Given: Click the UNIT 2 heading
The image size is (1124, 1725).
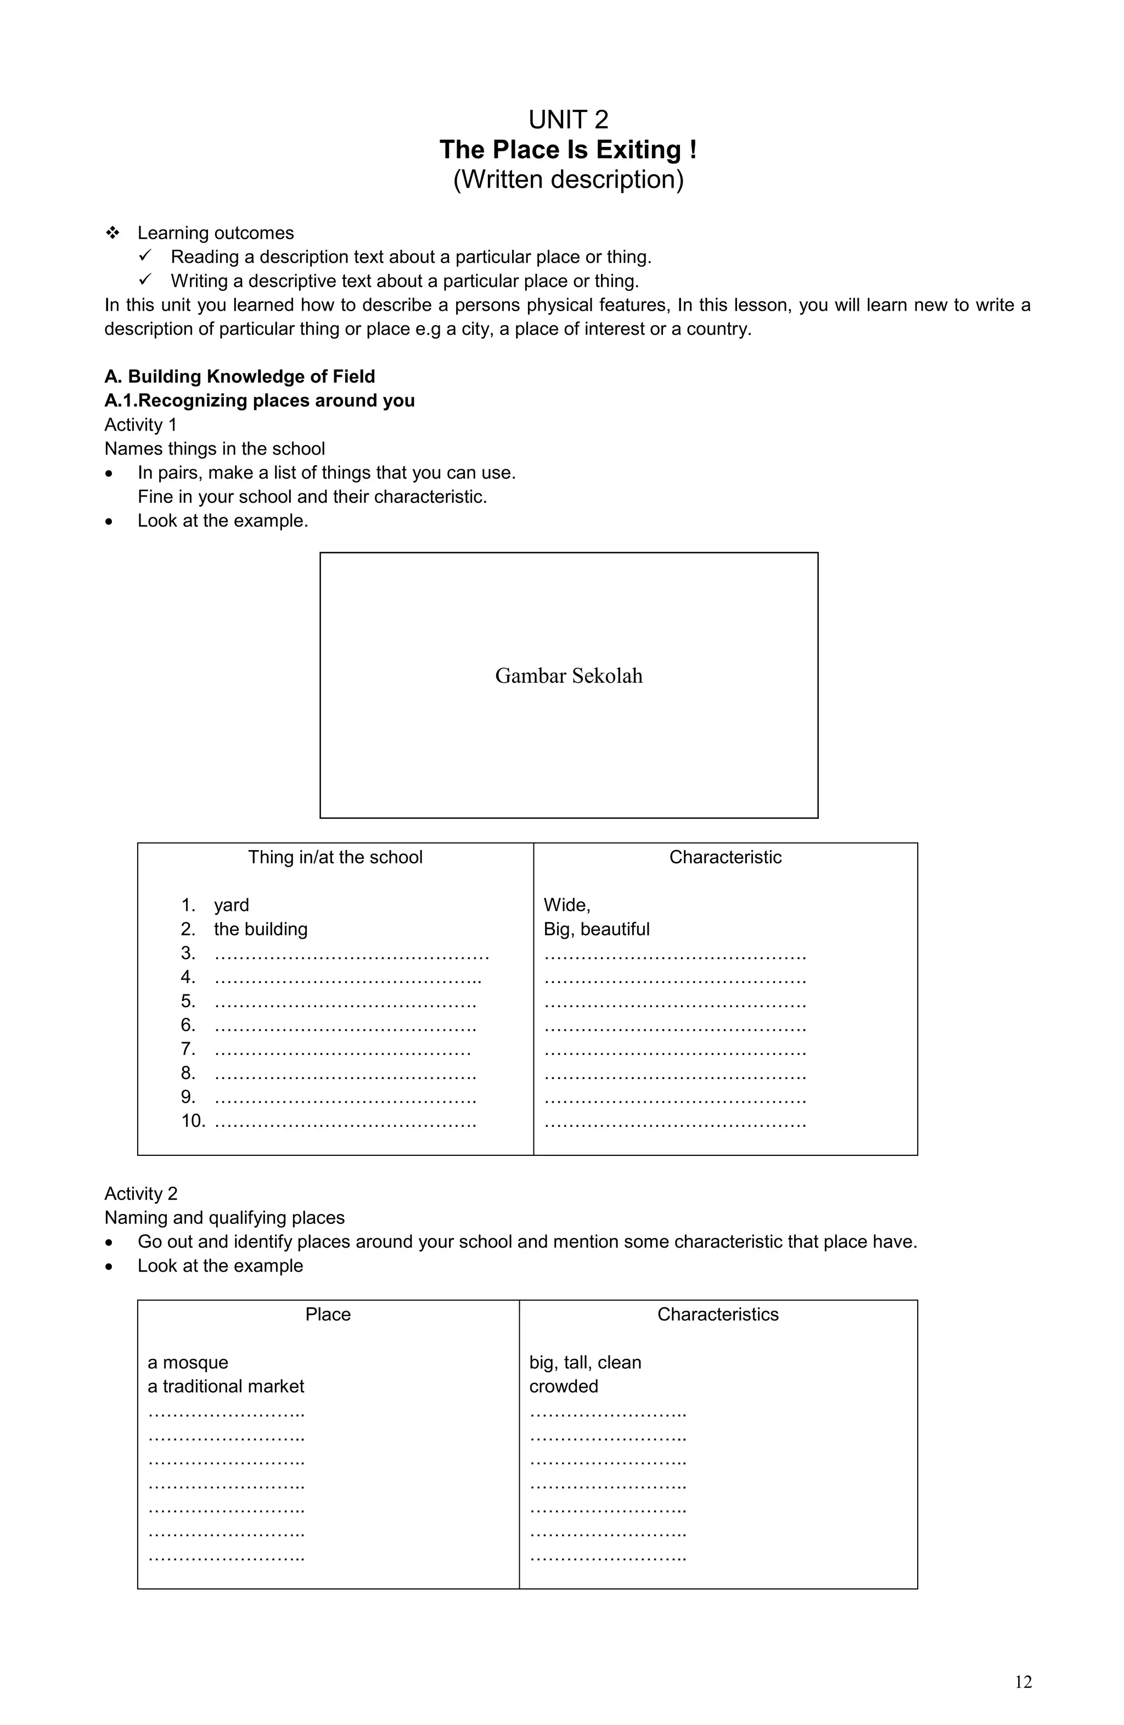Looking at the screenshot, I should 568,120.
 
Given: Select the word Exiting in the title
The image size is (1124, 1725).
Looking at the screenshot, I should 638,150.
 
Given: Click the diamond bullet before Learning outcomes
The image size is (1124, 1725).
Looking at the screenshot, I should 113,233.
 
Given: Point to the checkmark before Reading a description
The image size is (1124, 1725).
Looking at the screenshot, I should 145,256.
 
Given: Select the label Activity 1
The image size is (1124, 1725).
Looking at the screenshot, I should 140,425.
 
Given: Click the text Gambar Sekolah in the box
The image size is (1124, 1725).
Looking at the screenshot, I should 568,676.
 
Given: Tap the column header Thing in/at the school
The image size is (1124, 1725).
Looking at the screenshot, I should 335,857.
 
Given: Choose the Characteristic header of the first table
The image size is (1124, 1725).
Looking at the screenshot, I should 724,857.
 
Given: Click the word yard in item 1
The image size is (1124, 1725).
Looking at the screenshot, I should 231,904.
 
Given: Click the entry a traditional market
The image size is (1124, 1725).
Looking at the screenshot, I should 226,1386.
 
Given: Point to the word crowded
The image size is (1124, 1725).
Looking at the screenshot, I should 563,1386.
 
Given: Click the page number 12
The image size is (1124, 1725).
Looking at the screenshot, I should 1022,1682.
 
